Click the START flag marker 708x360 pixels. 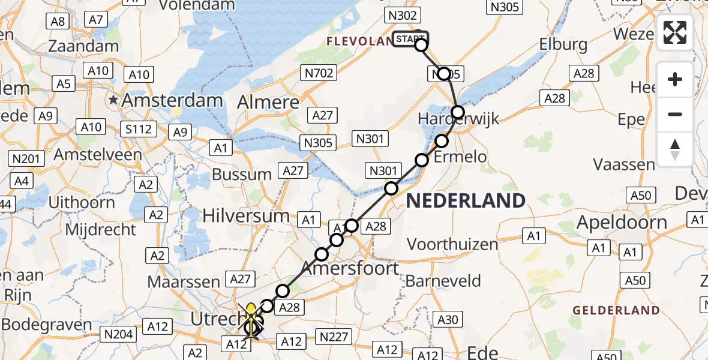[x=410, y=40]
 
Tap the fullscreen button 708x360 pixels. [x=675, y=32]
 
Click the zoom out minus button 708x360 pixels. [x=675, y=114]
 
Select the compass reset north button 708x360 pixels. [x=675, y=149]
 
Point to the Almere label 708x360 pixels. [x=268, y=102]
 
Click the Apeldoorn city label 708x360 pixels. [x=622, y=223]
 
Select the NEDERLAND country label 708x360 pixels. [x=466, y=200]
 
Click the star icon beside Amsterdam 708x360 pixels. [x=113, y=100]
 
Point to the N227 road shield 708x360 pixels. [x=334, y=337]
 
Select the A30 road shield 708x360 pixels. [x=449, y=320]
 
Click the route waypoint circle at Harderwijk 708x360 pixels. [x=458, y=112]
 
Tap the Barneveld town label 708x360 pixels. [x=443, y=281]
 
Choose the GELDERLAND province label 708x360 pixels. [x=616, y=310]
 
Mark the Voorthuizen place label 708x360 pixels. [x=452, y=244]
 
